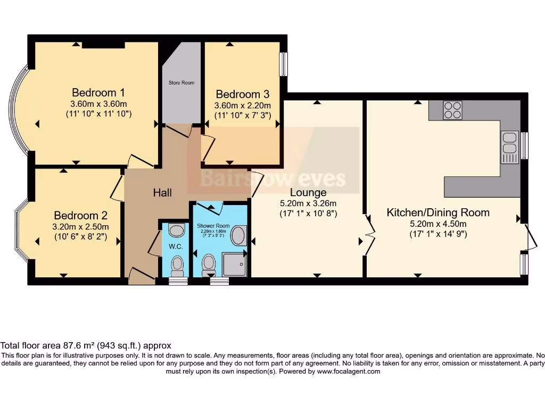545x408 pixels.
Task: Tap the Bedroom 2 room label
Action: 80,216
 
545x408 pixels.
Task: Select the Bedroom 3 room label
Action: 243,95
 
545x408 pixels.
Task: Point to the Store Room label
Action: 181,83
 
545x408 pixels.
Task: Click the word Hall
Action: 162,193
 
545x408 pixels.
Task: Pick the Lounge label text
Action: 309,192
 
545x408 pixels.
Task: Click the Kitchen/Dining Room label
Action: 437,212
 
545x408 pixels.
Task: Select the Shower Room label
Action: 212,226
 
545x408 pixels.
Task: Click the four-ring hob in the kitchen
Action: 452,110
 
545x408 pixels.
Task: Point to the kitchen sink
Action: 509,147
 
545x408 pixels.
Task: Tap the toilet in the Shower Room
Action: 209,263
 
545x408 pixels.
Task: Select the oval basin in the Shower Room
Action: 240,235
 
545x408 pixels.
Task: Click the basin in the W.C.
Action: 176,230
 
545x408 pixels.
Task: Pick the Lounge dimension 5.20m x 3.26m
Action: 308,203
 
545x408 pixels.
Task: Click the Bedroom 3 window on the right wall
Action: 284,64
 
